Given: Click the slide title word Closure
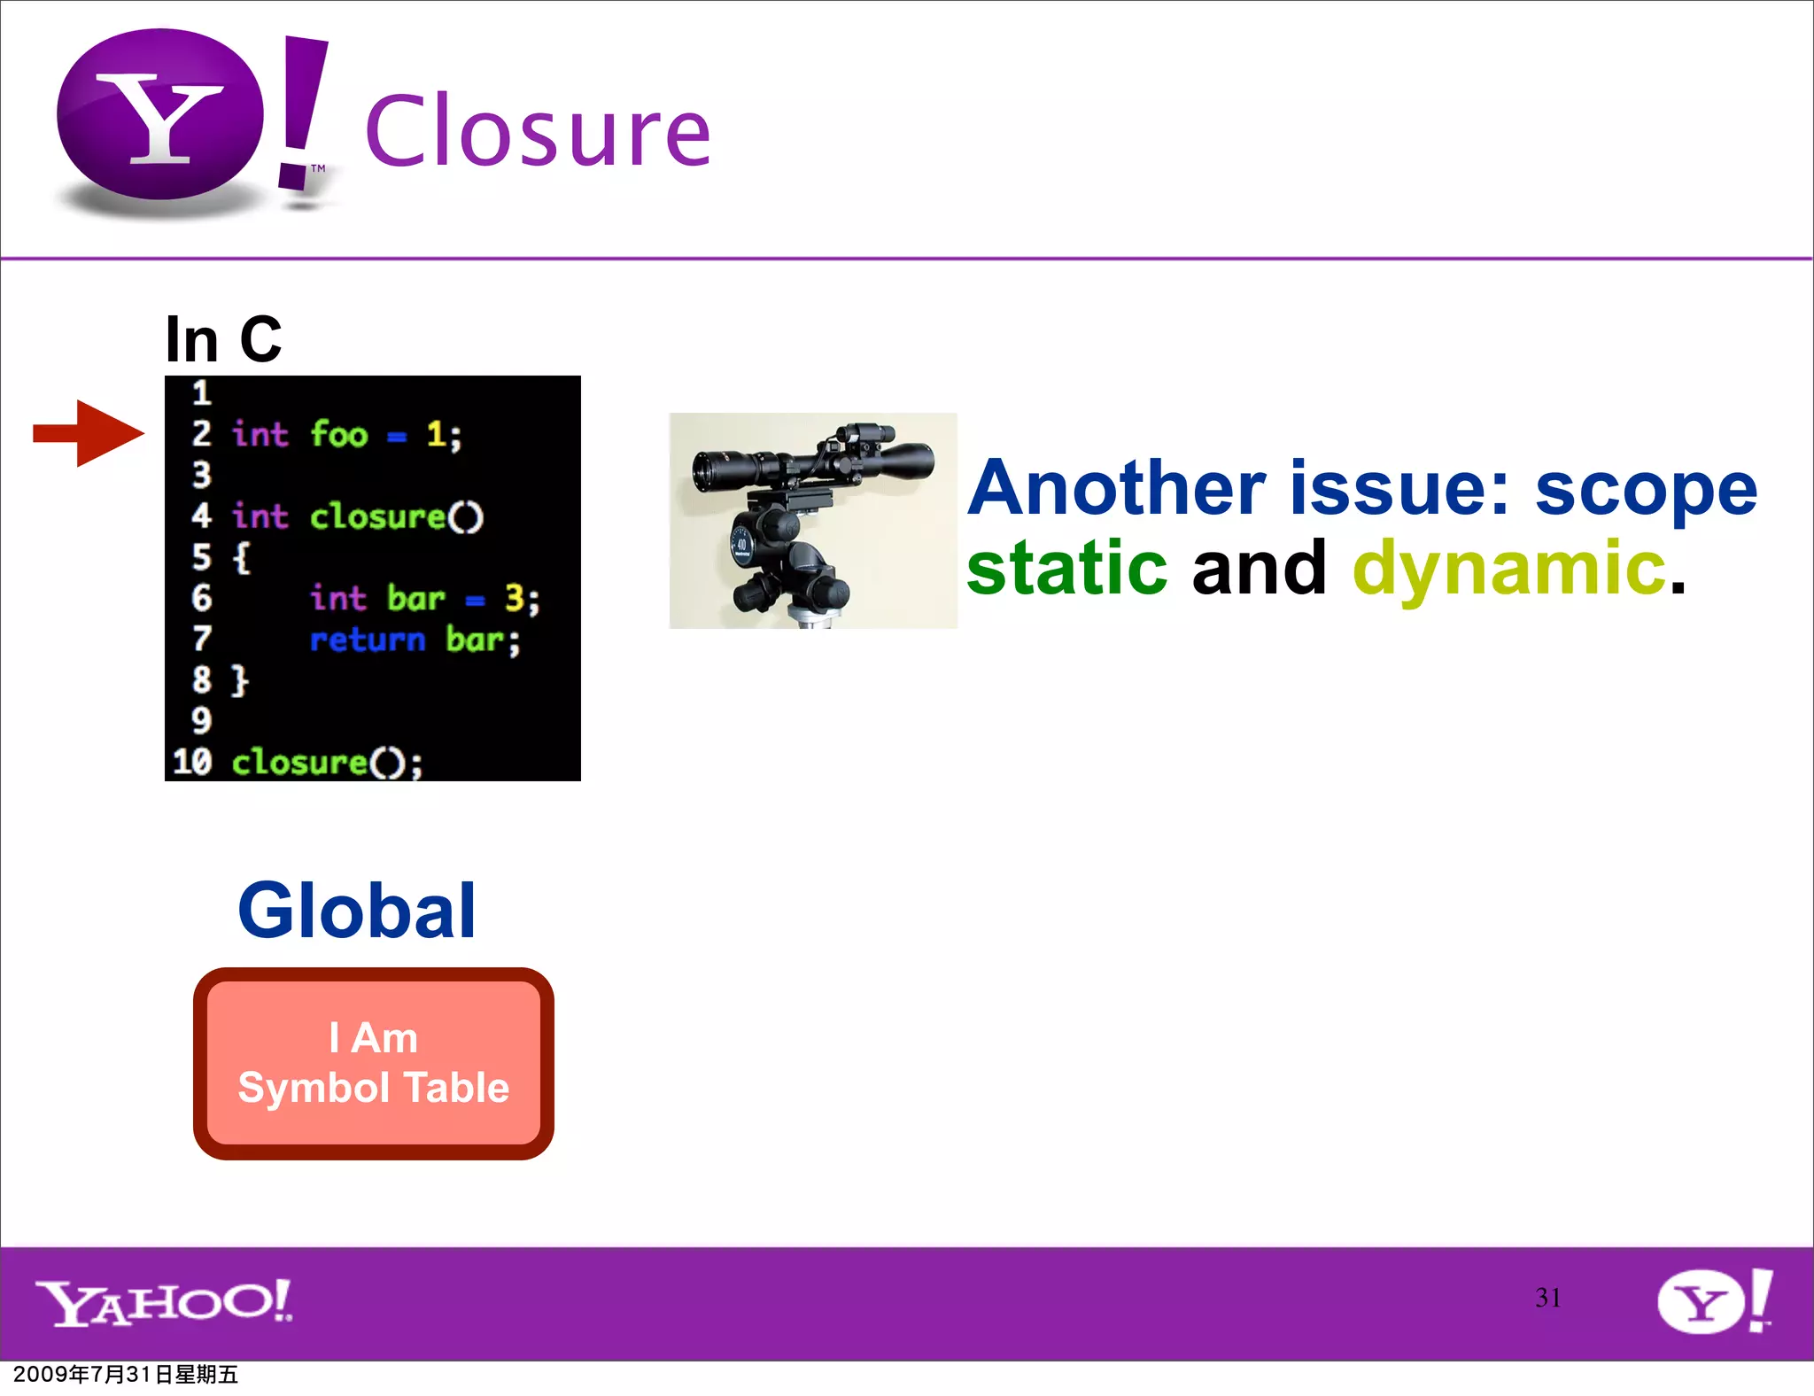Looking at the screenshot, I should click(537, 132).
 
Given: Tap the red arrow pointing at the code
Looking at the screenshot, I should click(89, 433).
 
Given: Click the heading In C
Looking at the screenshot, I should click(223, 339).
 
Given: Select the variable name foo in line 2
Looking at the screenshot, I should click(338, 435).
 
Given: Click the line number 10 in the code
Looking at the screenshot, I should click(192, 762).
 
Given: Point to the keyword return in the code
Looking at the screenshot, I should click(368, 640).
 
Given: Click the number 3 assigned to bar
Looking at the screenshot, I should click(515, 599).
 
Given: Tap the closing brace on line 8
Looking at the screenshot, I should click(240, 680).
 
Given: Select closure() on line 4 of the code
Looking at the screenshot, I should click(396, 516).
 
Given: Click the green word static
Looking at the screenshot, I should click(1066, 568).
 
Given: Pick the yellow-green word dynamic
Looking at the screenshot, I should click(1509, 568).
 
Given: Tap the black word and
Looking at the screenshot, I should click(1259, 568).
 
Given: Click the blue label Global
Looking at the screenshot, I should click(357, 911).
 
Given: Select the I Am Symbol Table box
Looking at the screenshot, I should click(373, 1063).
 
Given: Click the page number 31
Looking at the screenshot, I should click(1547, 1298).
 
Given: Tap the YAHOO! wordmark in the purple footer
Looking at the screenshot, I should click(164, 1302).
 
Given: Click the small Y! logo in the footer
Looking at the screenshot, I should click(1714, 1300).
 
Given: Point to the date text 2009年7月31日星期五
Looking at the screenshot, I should click(125, 1375).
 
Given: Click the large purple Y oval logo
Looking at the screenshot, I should click(160, 114).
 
